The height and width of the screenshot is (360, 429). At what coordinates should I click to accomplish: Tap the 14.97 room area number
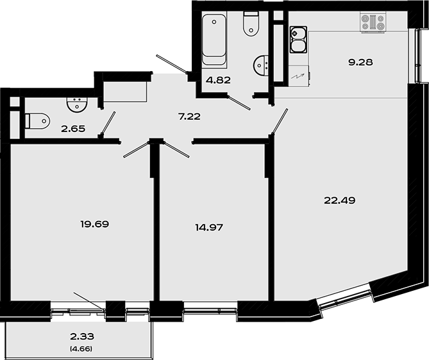click(x=208, y=227)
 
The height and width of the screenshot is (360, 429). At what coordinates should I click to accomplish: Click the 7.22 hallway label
click(x=190, y=116)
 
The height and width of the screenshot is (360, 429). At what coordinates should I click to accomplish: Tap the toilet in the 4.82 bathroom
click(x=250, y=24)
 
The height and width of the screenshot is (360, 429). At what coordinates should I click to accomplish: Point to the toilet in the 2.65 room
click(x=37, y=120)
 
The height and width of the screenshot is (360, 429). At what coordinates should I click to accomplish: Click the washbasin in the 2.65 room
click(x=77, y=102)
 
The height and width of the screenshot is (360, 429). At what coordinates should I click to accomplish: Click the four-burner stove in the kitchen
click(x=373, y=24)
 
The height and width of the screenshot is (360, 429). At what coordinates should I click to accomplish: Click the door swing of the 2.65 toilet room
click(x=108, y=124)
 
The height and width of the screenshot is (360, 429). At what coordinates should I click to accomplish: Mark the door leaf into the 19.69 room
click(x=136, y=149)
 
